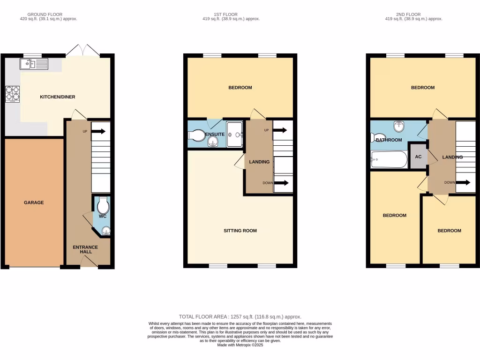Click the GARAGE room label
coord(34,202)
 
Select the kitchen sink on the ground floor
coord(34,64)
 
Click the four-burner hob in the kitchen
coord(12,94)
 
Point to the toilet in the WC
coord(102,206)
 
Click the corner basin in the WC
coord(106,230)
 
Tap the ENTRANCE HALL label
coord(85,249)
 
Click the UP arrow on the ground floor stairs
coord(98,131)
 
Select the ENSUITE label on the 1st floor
coord(214,135)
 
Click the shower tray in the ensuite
coord(235,135)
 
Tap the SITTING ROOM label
coord(240,231)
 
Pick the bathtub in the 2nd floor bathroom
coord(389,160)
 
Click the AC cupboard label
coord(418,157)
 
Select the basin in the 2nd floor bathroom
coord(398,126)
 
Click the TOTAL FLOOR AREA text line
coord(240,317)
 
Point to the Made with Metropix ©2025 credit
coord(240,345)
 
